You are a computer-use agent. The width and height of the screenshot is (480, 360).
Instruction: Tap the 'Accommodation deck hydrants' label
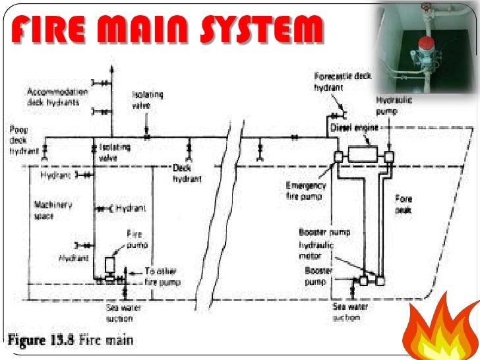55,98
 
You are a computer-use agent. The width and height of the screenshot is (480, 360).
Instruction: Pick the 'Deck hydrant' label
187,173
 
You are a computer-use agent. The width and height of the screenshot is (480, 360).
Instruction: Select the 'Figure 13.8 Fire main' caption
70,340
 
